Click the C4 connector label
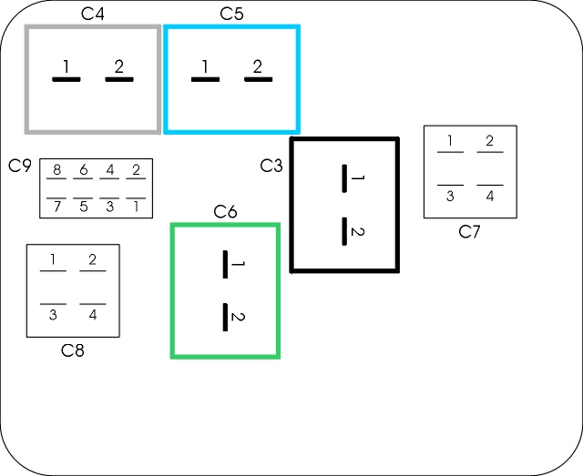(x=93, y=14)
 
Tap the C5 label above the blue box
(x=231, y=14)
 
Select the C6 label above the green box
(x=225, y=212)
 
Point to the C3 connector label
(x=271, y=166)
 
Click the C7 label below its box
(x=469, y=232)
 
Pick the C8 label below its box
(x=73, y=350)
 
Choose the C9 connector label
(x=20, y=166)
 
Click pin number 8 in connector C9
(x=56, y=170)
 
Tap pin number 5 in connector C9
(x=84, y=207)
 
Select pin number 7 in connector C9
(x=56, y=207)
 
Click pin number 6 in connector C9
(x=84, y=170)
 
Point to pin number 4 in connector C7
(x=490, y=196)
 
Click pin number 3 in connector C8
(x=53, y=315)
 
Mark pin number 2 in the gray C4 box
(x=119, y=66)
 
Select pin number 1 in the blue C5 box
(x=205, y=66)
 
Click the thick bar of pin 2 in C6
(x=225, y=317)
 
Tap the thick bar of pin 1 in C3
(x=344, y=178)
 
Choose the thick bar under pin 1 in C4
(x=66, y=79)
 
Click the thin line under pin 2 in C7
(x=490, y=152)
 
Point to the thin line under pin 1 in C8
(x=53, y=271)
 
